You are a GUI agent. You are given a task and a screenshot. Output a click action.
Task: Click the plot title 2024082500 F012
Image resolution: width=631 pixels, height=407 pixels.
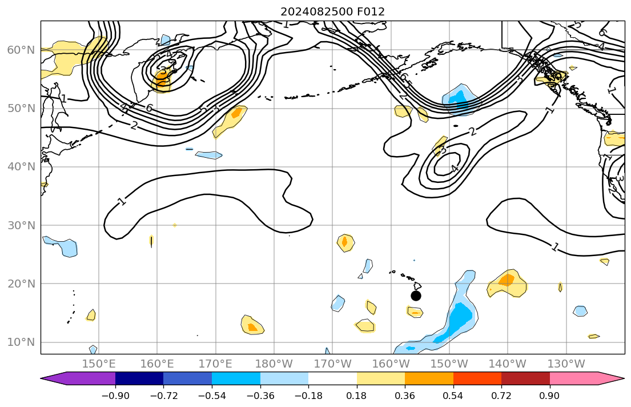pos(332,11)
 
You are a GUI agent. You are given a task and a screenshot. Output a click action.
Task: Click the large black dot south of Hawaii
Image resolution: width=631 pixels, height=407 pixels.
pos(416,296)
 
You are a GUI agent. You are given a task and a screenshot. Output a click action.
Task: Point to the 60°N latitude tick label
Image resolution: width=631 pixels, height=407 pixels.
pos(21,50)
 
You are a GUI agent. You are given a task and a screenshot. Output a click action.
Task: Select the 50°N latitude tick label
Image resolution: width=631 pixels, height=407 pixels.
pos(21,109)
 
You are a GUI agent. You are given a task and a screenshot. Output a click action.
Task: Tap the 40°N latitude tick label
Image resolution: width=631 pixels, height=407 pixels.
pos(21,167)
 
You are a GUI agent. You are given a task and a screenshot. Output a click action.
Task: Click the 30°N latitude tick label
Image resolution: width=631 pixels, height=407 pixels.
pos(21,225)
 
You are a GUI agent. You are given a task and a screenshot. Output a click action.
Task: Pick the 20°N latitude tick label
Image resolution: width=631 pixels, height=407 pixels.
pos(21,284)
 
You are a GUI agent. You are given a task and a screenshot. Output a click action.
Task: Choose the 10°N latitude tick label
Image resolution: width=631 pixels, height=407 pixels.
pos(21,342)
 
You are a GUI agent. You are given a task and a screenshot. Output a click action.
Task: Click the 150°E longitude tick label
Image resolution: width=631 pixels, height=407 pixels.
pos(99,364)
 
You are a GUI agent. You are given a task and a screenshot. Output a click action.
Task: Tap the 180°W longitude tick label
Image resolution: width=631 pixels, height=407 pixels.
pos(275,364)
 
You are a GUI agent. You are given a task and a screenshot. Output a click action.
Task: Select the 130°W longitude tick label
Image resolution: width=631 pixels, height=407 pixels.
pos(566,364)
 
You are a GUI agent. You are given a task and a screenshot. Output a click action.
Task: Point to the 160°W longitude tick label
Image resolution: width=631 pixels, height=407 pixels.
pos(392,364)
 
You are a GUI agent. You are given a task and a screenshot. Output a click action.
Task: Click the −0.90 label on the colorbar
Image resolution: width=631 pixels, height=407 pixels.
pos(115,396)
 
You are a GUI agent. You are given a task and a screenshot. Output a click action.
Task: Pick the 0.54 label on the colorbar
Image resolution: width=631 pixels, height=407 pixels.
pos(453,396)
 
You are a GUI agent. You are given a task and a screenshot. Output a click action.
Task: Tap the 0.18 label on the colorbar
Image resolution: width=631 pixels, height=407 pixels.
pos(357,396)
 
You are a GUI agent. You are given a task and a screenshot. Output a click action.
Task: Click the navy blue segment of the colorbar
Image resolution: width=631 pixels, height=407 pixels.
pos(139,378)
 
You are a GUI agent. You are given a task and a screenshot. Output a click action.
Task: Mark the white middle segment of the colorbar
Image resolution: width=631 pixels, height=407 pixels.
pos(332,378)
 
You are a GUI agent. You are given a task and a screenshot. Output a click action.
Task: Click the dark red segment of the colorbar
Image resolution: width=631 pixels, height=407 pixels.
pos(525,378)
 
